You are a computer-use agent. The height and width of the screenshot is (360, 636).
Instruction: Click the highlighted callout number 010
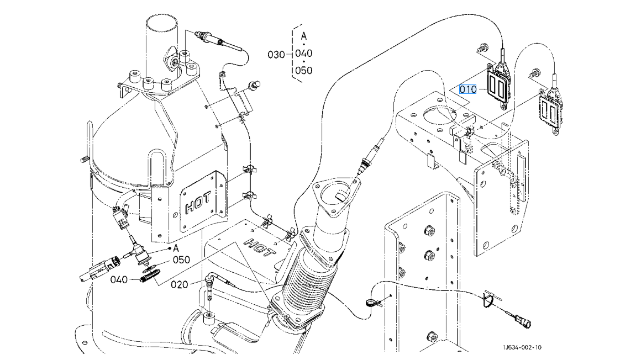pyautogui.click(x=467, y=89)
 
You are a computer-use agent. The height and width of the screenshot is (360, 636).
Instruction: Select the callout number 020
pyautogui.click(x=179, y=284)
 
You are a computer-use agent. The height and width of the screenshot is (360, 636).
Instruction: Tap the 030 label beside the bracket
pyautogui.click(x=276, y=55)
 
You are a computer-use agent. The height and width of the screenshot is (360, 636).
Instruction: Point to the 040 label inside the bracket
pyautogui.click(x=304, y=53)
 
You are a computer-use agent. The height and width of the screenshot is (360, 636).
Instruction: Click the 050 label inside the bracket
pyautogui.click(x=304, y=71)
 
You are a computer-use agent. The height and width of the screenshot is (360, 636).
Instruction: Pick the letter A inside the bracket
pyautogui.click(x=304, y=36)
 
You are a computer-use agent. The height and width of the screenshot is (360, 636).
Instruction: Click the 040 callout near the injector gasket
pyautogui.click(x=119, y=280)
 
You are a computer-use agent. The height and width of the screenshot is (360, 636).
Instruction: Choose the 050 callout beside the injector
pyautogui.click(x=181, y=260)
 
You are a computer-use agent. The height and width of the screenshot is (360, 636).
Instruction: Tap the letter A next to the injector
pyautogui.click(x=176, y=248)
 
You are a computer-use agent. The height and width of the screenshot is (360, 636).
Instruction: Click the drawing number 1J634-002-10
pyautogui.click(x=522, y=347)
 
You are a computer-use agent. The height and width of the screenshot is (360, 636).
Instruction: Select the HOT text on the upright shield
pyautogui.click(x=198, y=202)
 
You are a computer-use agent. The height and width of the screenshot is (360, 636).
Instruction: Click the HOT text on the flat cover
pyautogui.click(x=259, y=247)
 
